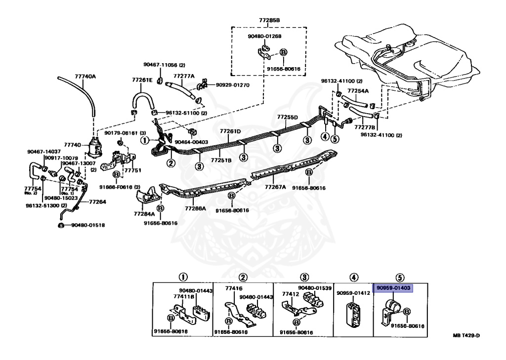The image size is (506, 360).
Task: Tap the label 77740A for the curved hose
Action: point(85,77)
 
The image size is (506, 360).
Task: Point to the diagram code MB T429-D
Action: point(466,336)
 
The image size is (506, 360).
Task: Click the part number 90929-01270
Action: point(233,85)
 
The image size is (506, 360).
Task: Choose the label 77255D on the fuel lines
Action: point(287,118)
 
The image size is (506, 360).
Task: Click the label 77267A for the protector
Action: point(275,187)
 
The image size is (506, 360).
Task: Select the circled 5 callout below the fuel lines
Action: point(335,139)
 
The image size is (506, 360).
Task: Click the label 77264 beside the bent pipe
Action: point(97,201)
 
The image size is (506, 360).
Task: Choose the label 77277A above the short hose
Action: point(184,76)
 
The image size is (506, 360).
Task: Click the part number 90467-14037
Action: point(44,152)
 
